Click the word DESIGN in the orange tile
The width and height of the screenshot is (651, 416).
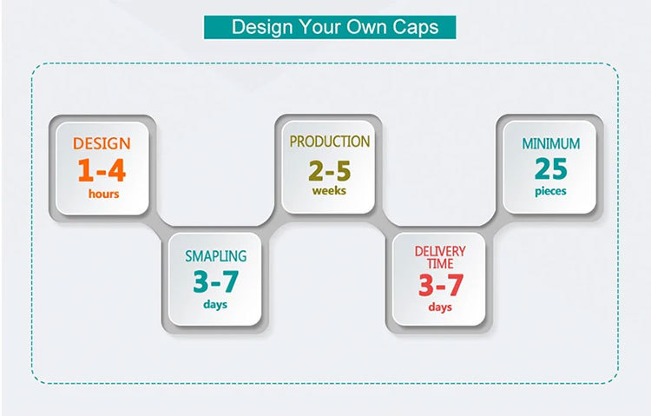coord(102,144)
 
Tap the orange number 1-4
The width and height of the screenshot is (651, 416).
coord(102,170)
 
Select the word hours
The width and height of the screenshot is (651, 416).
coord(104,194)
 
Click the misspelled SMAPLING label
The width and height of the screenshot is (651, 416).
coord(215,256)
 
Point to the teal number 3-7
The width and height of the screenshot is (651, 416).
coord(216,281)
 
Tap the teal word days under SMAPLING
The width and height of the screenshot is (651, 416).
coord(215,305)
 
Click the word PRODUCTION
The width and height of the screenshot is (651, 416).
coord(330,142)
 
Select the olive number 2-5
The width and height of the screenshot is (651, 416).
coord(330,171)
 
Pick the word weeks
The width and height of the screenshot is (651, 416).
coord(329,191)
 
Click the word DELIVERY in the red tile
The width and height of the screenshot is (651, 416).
coord(440,252)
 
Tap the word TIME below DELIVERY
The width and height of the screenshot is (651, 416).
coord(440,263)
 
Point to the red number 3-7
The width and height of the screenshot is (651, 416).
coord(440,285)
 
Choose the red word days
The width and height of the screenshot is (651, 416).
coord(440,307)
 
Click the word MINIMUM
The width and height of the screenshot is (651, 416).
coord(551,144)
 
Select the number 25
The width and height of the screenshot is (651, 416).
coord(551,168)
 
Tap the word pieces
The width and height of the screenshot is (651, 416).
coord(550,192)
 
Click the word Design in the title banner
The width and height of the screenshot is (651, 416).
coord(262,28)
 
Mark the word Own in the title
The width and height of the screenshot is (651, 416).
coord(369,28)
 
